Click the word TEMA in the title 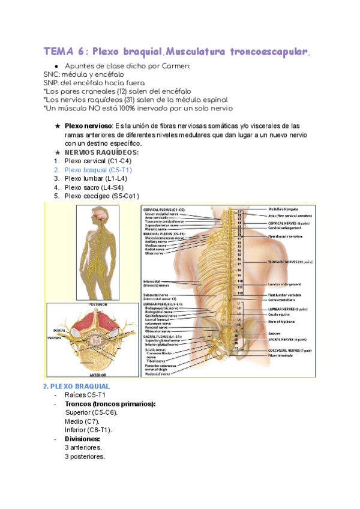point(59,52)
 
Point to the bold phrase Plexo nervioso point(88,126)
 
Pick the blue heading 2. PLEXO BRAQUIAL point(76,387)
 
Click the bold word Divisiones point(82,439)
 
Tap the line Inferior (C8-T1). point(89,430)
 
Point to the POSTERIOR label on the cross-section point(98,305)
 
